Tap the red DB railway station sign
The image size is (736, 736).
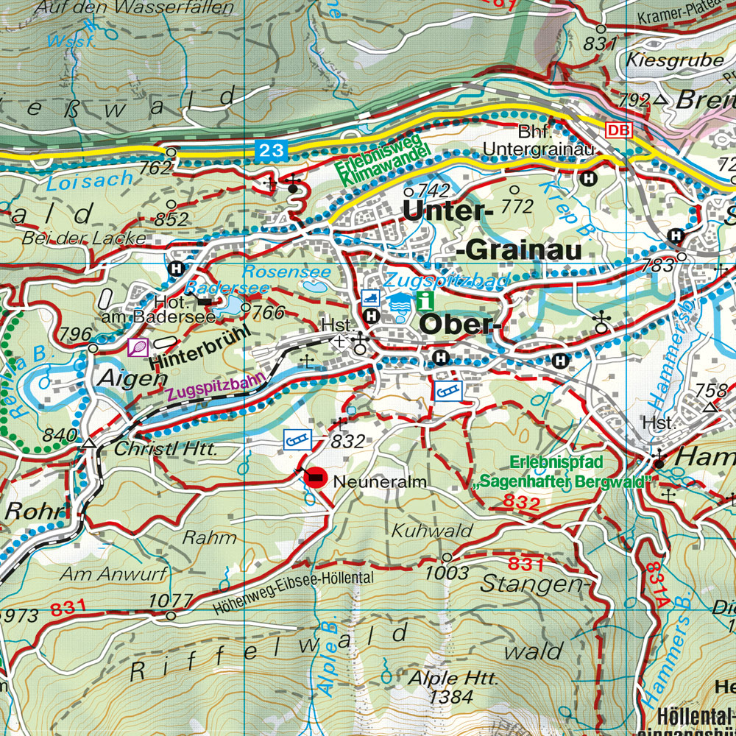619,130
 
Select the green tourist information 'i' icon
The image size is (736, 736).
425,300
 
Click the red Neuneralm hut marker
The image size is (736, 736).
315,478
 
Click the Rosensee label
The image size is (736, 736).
286,272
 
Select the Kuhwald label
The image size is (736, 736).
422,530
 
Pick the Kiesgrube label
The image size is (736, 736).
675,60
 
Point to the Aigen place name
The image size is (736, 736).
125,378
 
